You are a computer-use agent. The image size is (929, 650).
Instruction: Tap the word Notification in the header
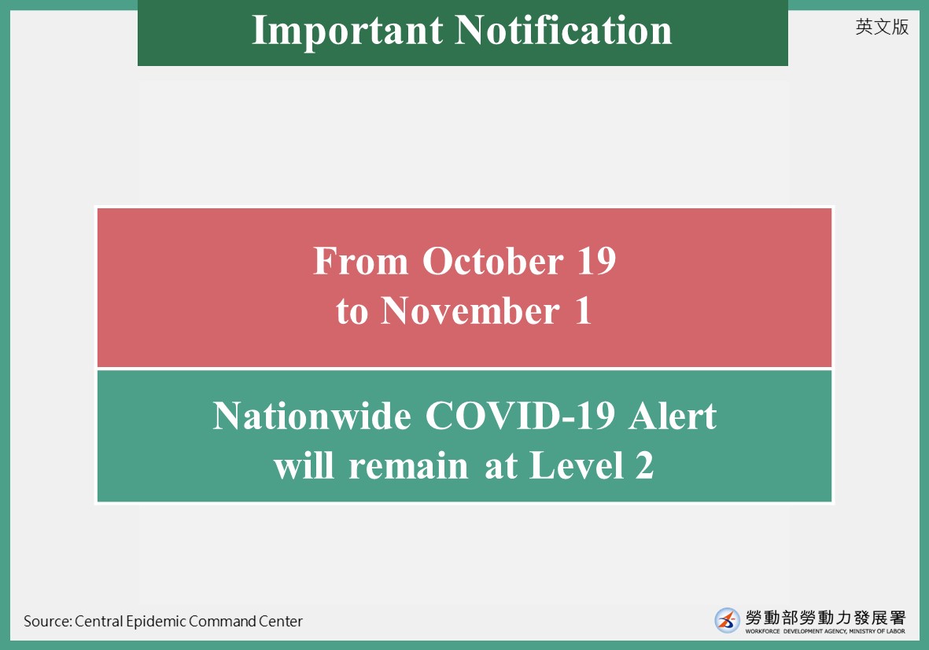click(563, 30)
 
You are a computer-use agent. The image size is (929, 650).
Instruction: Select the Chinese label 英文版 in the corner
click(882, 27)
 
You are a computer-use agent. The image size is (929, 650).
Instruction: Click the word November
click(470, 310)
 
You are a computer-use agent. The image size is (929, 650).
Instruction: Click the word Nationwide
click(312, 416)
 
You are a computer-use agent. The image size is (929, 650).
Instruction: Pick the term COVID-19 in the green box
click(520, 416)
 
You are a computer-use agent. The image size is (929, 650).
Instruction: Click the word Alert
click(673, 416)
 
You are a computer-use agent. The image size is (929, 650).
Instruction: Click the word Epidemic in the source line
click(157, 622)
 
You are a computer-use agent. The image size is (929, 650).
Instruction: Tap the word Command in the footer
click(222, 621)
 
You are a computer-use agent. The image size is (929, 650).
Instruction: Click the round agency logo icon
click(727, 620)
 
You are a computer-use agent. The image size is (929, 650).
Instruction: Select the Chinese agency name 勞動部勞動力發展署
click(825, 618)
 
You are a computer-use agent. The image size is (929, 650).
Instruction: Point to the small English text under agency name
click(825, 631)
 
